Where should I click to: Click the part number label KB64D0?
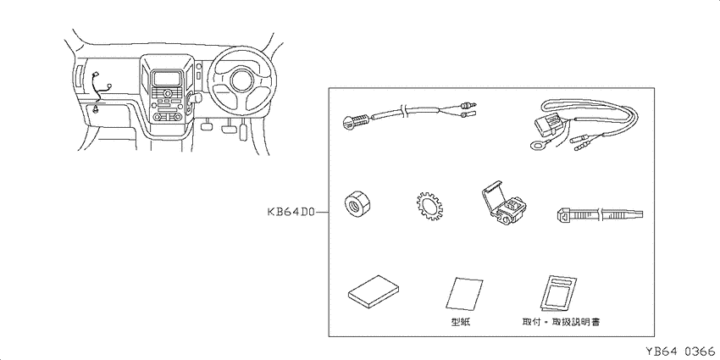291,213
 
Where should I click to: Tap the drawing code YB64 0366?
680,352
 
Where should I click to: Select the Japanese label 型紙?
461,322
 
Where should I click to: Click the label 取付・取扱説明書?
561,322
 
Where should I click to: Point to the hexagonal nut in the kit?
357,204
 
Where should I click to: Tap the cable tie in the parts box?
599,214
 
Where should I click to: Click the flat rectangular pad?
374,292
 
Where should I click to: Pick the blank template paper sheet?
464,294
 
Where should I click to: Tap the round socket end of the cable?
351,123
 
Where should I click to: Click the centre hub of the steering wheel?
242,80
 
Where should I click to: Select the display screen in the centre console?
166,79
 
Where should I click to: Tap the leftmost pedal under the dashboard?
208,125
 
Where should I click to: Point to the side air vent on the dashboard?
77,75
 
